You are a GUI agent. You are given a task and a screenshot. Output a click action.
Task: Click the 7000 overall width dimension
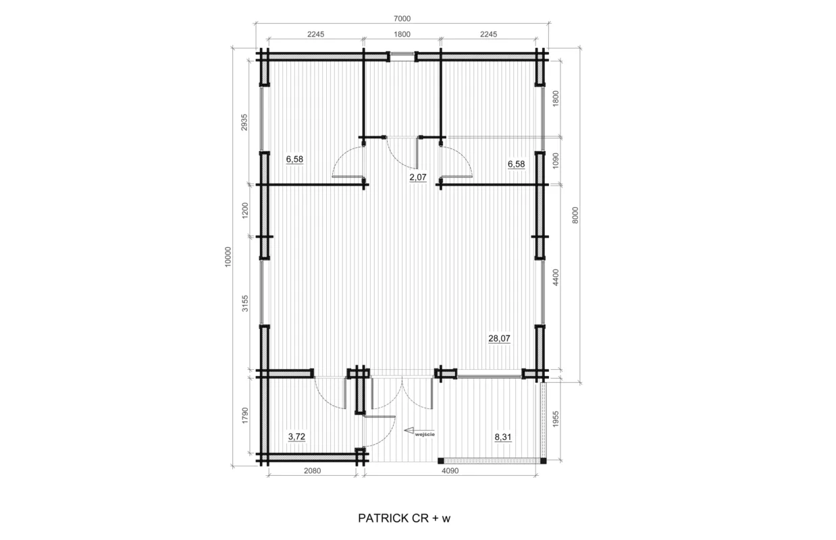point(402,19)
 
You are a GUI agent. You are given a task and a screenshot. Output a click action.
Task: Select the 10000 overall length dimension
point(228,256)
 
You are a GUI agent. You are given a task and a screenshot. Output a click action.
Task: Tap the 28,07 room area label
point(499,338)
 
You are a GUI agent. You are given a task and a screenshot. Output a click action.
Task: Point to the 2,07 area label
point(417,178)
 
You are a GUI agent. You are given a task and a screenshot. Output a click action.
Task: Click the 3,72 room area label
point(296,437)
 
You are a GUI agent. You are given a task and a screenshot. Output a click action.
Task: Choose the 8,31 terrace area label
point(502,437)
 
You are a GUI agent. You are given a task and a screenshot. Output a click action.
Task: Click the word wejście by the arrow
point(425,435)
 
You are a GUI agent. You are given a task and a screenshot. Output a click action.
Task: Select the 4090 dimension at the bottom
point(450,471)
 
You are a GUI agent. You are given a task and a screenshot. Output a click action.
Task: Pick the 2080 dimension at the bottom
point(313,471)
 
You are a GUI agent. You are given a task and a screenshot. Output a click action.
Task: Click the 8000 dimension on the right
point(575,215)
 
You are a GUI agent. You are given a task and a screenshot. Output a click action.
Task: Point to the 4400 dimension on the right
point(555,277)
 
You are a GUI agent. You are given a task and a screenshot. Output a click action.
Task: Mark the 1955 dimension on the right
point(555,418)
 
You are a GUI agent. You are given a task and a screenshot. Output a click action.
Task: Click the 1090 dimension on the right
point(555,161)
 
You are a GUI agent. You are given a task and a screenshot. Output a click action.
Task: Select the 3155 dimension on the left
point(245,303)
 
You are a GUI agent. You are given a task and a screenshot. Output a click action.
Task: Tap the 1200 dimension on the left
point(245,211)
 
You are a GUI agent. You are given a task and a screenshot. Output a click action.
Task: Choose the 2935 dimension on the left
point(244,122)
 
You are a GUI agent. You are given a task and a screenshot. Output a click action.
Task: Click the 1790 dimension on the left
point(245,415)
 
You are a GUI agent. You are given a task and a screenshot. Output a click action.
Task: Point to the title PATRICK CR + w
point(404,518)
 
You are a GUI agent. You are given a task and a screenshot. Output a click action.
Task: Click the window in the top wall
point(402,57)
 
